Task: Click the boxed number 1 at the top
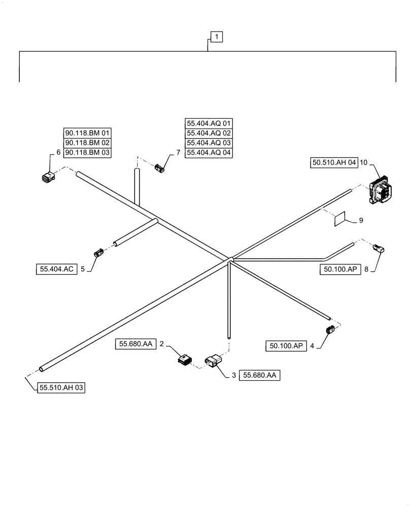217,37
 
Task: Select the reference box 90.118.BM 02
87,142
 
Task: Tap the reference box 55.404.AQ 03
209,142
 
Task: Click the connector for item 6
47,176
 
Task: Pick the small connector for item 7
160,167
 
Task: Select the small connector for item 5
97,252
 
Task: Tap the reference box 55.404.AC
55,270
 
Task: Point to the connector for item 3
213,361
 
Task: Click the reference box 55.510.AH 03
61,388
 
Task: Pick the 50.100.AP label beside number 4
285,346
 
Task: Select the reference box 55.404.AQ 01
209,123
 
